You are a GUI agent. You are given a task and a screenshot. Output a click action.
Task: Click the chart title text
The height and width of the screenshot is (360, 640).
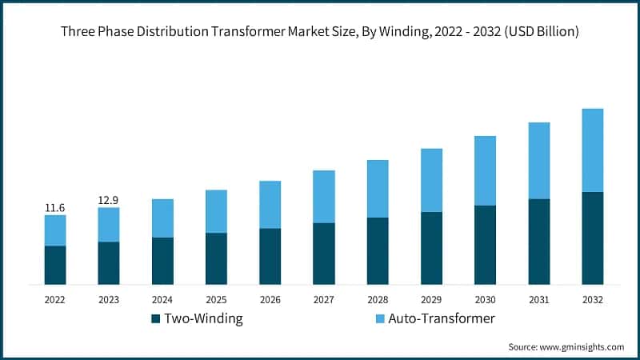coord(320,32)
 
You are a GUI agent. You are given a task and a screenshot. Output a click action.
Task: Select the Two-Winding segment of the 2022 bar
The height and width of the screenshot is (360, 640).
coord(55,265)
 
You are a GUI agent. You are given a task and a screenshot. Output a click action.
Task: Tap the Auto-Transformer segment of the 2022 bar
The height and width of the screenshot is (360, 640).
coord(55,230)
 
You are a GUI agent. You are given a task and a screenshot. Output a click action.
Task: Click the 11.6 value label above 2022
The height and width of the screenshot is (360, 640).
coord(55,208)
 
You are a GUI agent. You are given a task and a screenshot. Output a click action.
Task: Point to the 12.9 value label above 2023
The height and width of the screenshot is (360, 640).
coord(109,199)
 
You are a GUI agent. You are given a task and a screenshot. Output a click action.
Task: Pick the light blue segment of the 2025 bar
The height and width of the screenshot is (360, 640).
coord(216,211)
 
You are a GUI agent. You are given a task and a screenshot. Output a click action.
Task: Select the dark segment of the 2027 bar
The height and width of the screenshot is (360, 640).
coord(323,254)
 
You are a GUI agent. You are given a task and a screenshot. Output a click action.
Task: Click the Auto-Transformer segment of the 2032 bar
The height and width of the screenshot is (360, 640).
coord(592,150)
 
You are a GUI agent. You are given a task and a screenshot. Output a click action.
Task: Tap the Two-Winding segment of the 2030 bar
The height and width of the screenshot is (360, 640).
coord(485,245)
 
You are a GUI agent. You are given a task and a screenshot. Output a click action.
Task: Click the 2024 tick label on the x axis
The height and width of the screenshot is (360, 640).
coord(162,300)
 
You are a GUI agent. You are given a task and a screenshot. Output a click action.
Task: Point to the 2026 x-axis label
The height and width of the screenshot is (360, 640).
coord(270,300)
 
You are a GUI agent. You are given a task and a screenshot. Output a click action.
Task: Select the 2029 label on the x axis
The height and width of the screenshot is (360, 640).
coord(431,300)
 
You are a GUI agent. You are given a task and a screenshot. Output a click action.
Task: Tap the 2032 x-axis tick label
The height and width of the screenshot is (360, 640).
coord(592,300)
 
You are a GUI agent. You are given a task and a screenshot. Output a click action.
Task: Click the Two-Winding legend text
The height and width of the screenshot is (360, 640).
coord(203,318)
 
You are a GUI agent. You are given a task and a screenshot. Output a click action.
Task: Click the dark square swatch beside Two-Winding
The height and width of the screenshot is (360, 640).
coord(155,319)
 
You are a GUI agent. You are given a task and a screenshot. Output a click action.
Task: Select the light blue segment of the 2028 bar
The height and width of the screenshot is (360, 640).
coord(378,189)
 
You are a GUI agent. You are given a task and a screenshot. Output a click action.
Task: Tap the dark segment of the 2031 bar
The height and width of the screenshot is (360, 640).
coord(538,242)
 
